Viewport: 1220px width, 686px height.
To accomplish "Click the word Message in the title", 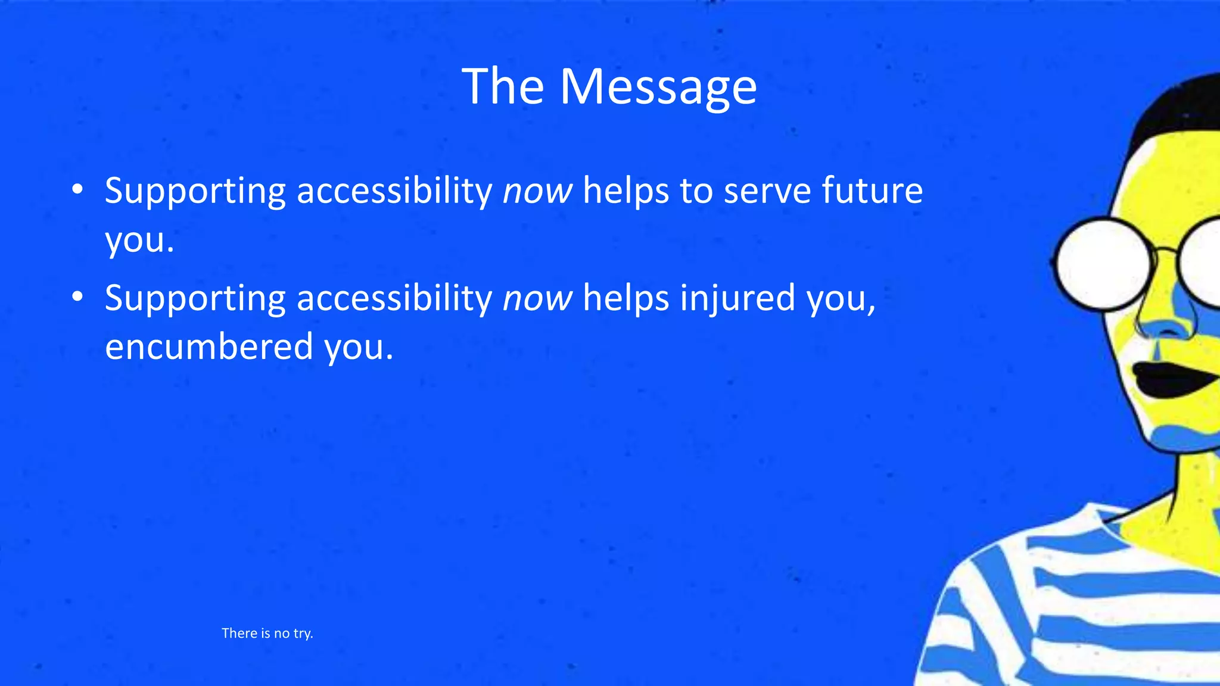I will [x=658, y=87].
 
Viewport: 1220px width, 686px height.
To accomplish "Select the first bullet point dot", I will [x=77, y=190].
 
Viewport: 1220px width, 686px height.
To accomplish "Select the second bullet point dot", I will [x=77, y=297].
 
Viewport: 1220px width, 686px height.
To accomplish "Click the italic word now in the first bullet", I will [x=537, y=191].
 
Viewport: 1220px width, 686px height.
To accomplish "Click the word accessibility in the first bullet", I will [x=394, y=191].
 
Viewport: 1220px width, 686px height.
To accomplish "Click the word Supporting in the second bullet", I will [x=195, y=299].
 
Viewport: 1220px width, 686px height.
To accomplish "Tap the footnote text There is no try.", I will [x=267, y=633].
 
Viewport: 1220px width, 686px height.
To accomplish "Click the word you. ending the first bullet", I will [x=139, y=241].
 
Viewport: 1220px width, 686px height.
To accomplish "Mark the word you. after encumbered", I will [x=359, y=347].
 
